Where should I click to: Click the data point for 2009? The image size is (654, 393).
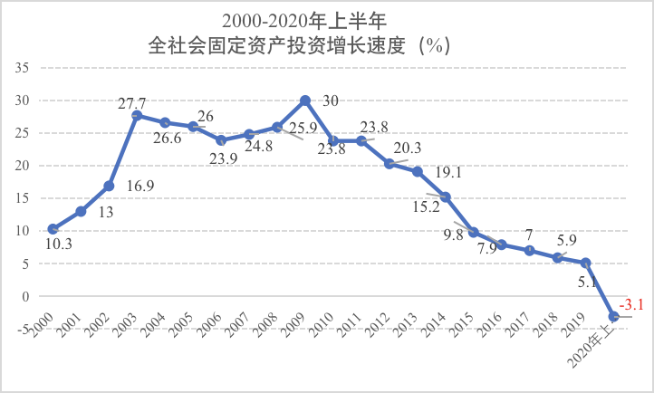[305, 101]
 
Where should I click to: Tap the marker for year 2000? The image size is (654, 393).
[53, 229]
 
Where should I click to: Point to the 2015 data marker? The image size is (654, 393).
[473, 233]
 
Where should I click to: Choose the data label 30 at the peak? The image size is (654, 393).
[332, 101]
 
